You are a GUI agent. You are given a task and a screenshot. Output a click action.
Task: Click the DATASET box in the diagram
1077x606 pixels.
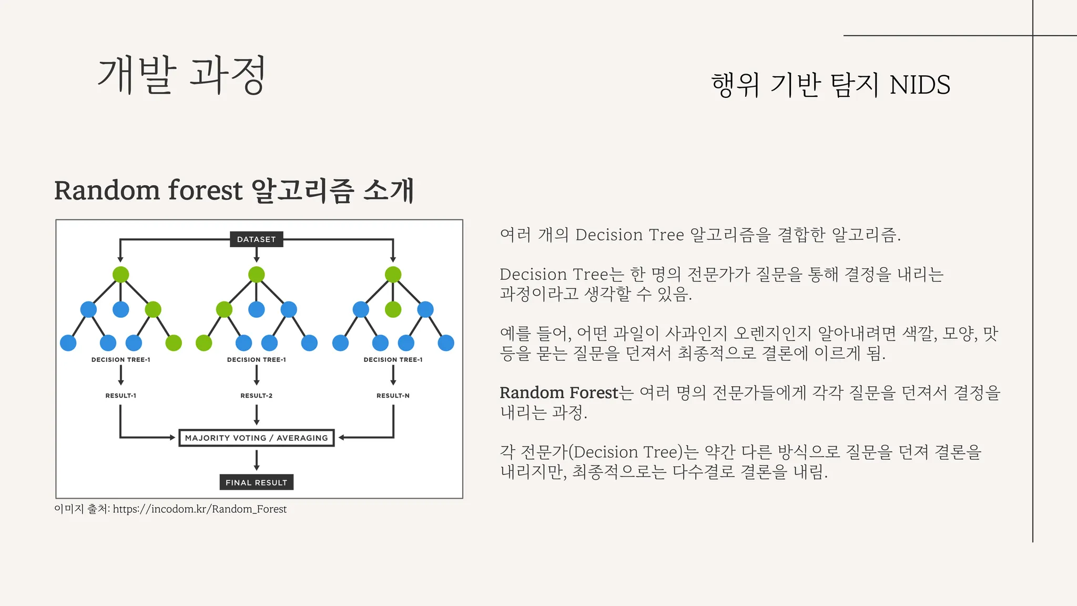pos(256,239)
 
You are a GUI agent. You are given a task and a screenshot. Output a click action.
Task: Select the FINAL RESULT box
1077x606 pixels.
pos(256,482)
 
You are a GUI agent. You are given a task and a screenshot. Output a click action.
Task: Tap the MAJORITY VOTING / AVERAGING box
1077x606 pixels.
pos(256,438)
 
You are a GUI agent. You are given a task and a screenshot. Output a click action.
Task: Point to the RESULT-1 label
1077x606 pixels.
pos(120,396)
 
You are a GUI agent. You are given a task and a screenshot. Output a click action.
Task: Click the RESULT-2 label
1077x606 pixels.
pos(256,396)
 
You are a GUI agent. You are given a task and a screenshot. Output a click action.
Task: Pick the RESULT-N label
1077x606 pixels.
pos(393,396)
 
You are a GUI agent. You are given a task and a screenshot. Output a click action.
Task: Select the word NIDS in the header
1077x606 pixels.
pos(920,85)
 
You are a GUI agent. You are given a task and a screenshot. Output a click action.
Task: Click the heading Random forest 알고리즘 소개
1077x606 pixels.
pos(234,190)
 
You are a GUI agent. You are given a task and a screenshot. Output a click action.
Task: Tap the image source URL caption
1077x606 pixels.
pos(199,509)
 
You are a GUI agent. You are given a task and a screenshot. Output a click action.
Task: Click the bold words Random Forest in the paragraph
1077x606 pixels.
pos(558,393)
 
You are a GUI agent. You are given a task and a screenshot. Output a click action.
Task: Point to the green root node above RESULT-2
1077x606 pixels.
pos(256,275)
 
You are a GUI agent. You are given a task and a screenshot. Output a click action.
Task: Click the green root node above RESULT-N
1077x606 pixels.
pos(393,275)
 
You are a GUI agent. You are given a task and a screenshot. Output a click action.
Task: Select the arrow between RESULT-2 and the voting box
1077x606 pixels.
pos(256,415)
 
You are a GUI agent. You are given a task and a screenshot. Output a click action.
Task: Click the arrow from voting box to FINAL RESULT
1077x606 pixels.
pos(256,460)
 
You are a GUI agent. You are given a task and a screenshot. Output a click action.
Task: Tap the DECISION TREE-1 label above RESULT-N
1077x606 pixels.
pos(393,360)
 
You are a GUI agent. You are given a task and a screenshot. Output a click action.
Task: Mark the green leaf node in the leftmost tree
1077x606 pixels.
pos(174,343)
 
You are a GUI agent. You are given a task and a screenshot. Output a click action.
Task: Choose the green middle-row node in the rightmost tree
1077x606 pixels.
pos(393,309)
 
